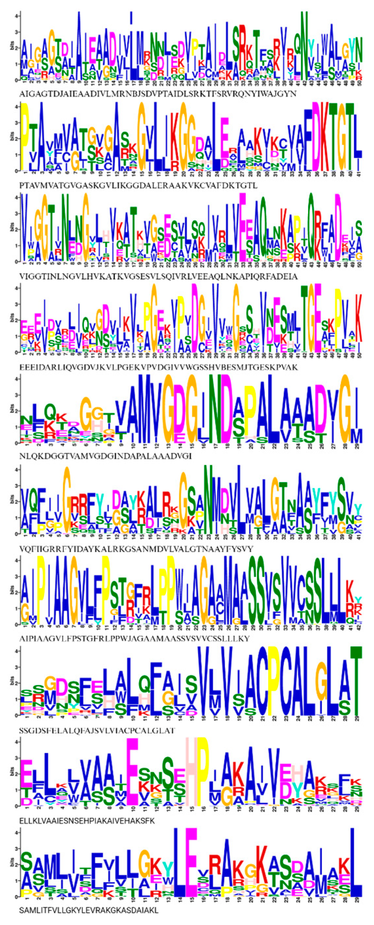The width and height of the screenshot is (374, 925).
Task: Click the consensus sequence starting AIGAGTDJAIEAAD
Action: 158,94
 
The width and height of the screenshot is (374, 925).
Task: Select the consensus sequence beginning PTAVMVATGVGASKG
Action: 138,186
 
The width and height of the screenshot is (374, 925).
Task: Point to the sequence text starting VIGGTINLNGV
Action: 158,277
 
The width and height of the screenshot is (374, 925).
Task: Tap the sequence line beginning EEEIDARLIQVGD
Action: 158,367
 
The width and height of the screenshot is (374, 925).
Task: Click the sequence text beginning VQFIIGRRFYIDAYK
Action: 137,549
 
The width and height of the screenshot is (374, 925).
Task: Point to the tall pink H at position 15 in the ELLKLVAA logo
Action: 191,771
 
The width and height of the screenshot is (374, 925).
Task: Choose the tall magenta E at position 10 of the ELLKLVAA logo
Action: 133,771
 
